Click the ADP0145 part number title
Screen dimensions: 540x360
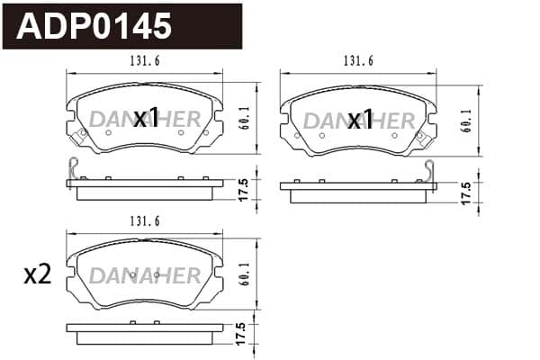click(94, 26)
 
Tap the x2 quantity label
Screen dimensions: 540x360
click(38, 275)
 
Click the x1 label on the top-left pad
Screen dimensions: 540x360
click(146, 118)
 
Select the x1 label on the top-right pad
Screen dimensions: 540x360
click(360, 119)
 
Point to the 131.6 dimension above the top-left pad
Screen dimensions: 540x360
click(145, 61)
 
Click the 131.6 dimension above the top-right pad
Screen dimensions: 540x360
click(358, 61)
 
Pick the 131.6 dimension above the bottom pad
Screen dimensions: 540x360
click(145, 221)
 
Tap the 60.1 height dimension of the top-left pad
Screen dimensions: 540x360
click(246, 118)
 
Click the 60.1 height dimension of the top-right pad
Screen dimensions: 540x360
click(467, 121)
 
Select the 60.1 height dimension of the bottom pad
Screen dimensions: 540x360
click(246, 274)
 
